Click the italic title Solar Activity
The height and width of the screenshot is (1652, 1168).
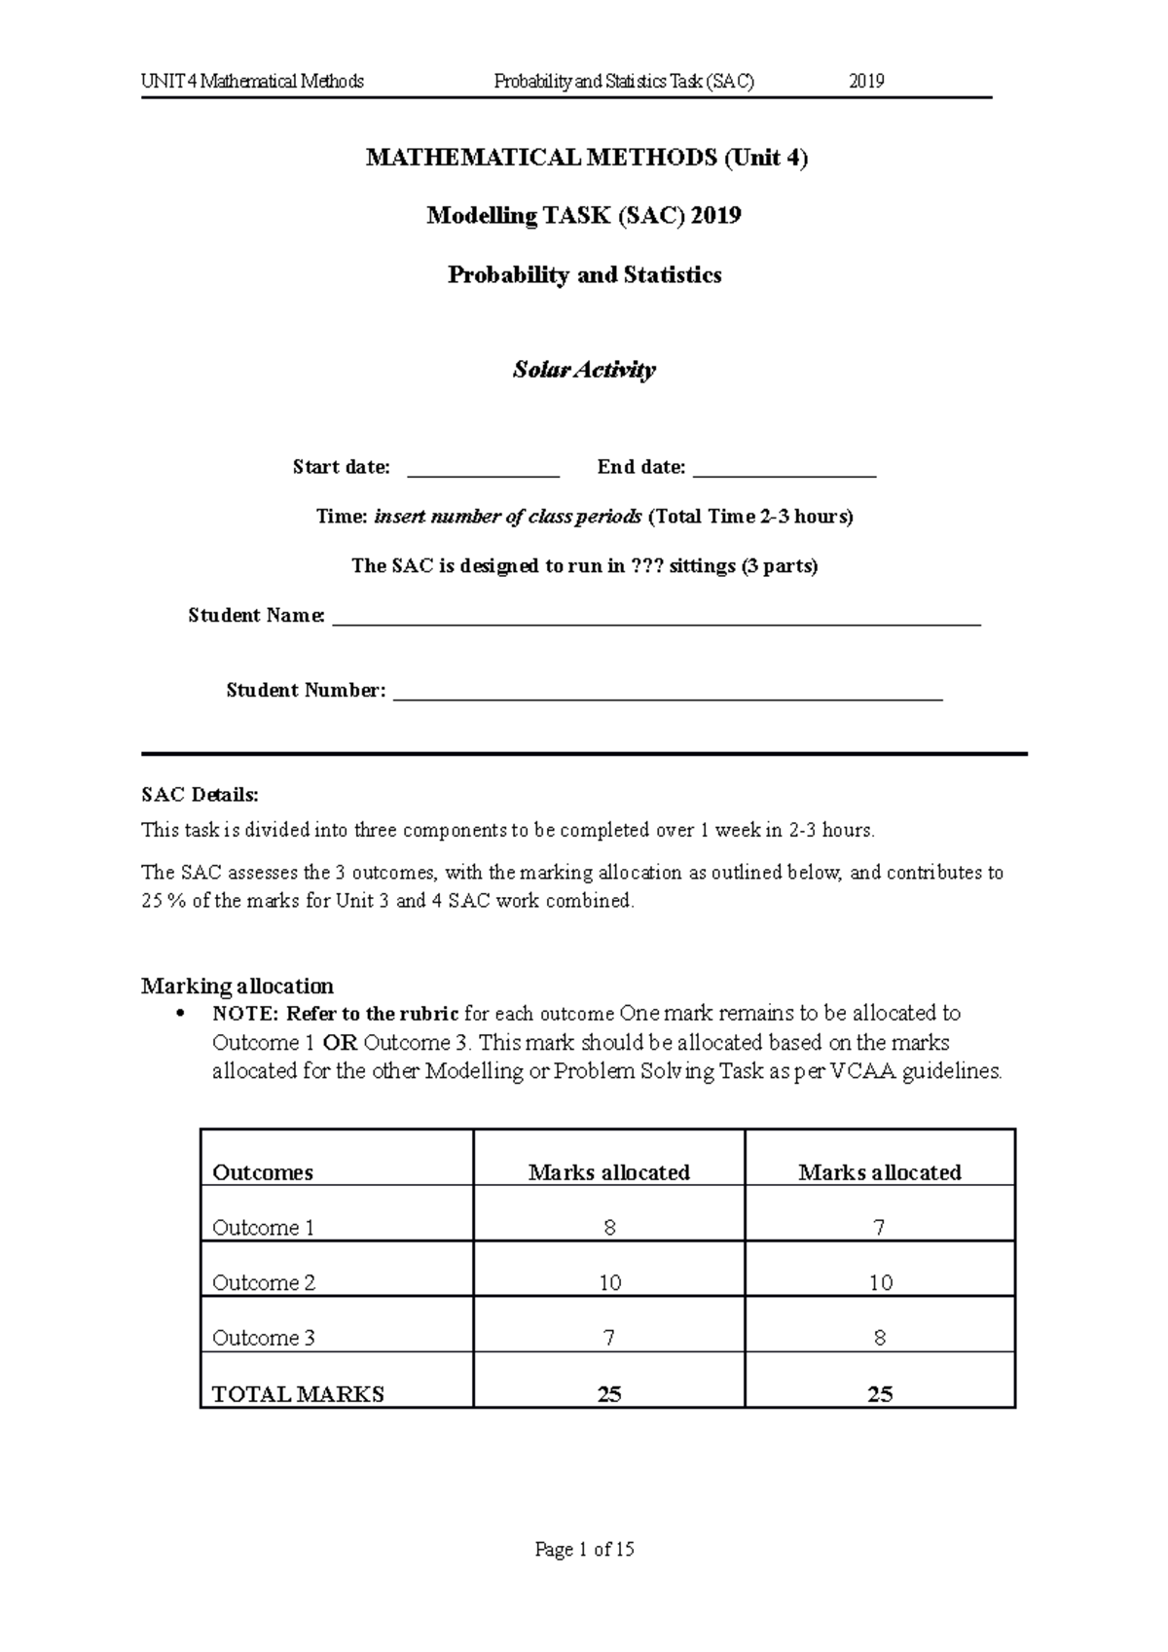(x=584, y=370)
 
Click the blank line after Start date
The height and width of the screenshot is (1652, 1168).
(x=483, y=474)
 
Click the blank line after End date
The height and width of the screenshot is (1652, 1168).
(x=785, y=474)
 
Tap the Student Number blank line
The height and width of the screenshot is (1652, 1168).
(x=668, y=697)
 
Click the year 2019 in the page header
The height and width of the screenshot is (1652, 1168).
(x=866, y=82)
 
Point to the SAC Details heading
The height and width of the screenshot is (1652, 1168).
(x=200, y=795)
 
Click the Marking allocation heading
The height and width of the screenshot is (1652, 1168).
(x=237, y=986)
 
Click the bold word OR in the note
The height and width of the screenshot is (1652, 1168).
(x=340, y=1043)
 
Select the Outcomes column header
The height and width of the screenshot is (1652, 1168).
(x=263, y=1172)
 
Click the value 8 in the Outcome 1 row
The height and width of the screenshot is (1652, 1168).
(x=609, y=1228)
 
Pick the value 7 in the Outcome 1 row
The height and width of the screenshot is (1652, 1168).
(x=879, y=1228)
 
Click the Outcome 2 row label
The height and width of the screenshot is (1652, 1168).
(x=264, y=1283)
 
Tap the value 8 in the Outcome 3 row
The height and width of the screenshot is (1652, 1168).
(x=879, y=1339)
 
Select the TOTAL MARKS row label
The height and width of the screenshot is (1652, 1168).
(x=298, y=1394)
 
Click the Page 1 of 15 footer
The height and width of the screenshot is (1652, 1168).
(x=584, y=1549)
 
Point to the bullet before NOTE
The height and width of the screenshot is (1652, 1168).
(x=177, y=1015)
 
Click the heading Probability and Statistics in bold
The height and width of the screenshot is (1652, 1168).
(x=584, y=275)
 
